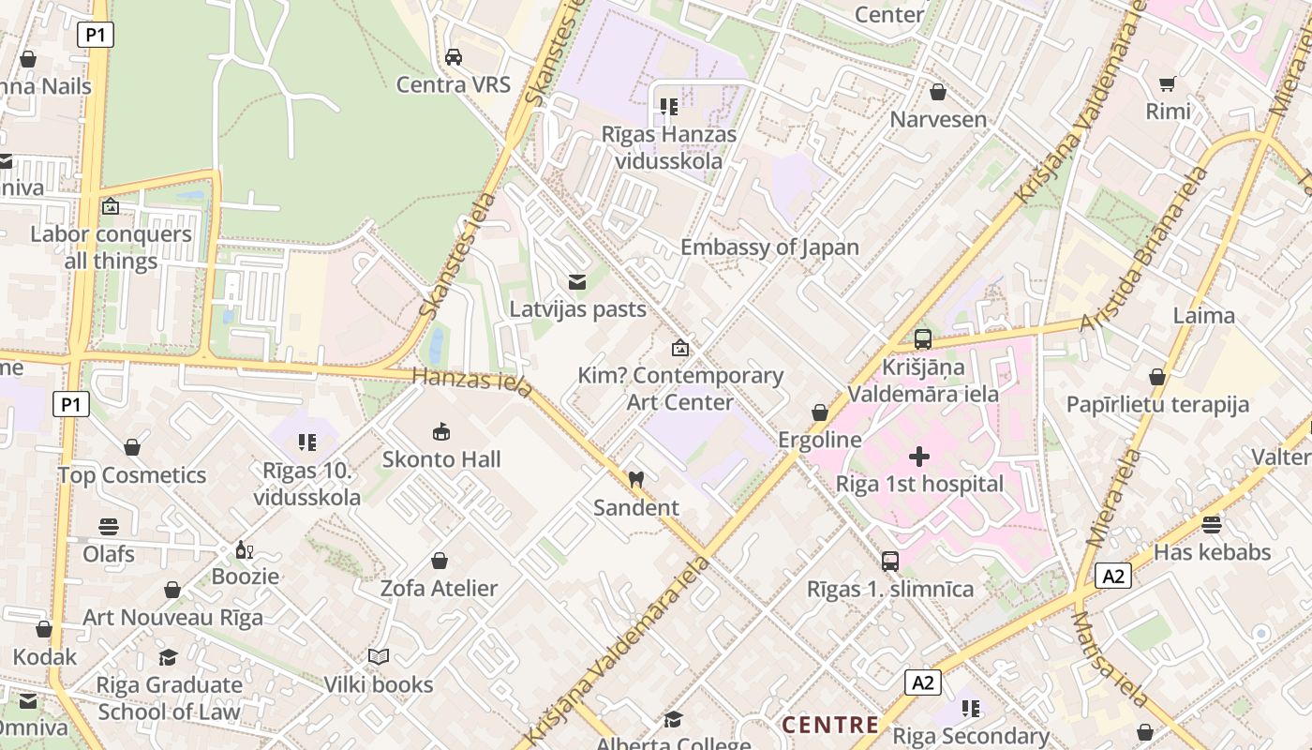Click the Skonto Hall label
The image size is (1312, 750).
pyautogui.click(x=441, y=459)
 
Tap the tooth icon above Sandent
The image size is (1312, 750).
pyautogui.click(x=636, y=479)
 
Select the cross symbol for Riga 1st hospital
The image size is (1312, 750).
pyautogui.click(x=919, y=457)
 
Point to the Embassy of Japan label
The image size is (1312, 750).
pyautogui.click(x=769, y=247)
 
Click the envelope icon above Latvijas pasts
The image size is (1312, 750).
pyautogui.click(x=577, y=281)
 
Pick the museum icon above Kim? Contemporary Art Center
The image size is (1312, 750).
pyautogui.click(x=680, y=348)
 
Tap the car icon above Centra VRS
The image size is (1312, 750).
pyautogui.click(x=454, y=57)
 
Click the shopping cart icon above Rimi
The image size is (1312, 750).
pyautogui.click(x=1168, y=84)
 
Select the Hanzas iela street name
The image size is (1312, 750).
pyautogui.click(x=472, y=379)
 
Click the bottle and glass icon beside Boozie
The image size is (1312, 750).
pyautogui.click(x=245, y=549)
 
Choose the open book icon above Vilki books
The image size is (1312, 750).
pyautogui.click(x=379, y=657)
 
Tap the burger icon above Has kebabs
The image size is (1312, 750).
pyautogui.click(x=1212, y=525)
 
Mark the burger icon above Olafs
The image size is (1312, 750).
pyautogui.click(x=109, y=527)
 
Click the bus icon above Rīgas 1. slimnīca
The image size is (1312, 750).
pyautogui.click(x=890, y=562)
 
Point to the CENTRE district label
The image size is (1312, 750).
pyautogui.click(x=830, y=725)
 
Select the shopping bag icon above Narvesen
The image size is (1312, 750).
pyautogui.click(x=937, y=92)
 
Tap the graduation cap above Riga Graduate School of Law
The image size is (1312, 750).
pyautogui.click(x=169, y=658)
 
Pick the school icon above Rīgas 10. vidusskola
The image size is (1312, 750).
pyautogui.click(x=306, y=442)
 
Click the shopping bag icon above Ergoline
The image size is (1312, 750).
pyautogui.click(x=820, y=412)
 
